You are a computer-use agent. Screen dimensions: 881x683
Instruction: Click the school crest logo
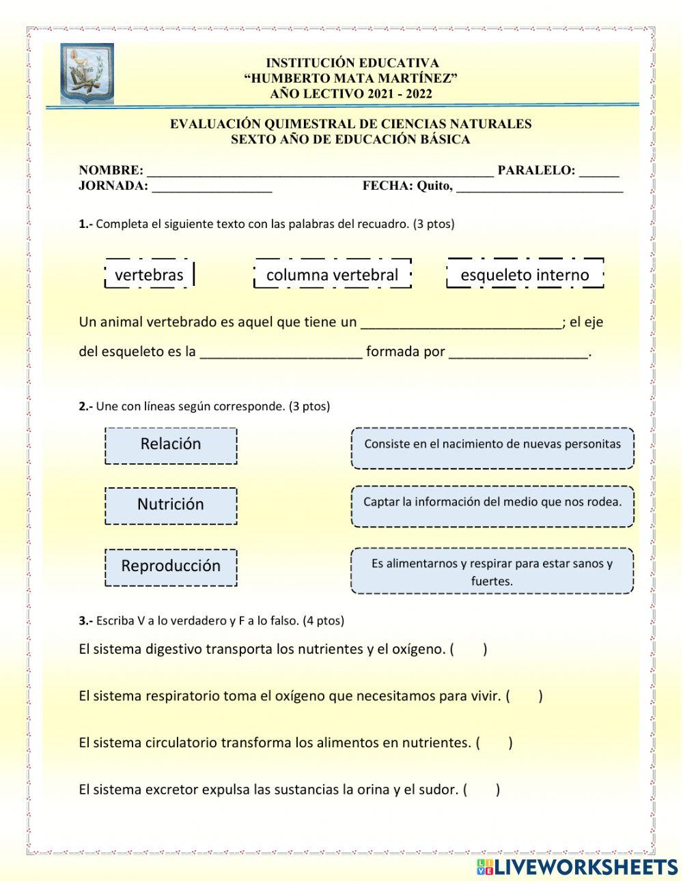click(87, 74)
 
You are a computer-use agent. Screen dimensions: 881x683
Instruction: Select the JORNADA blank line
click(212, 188)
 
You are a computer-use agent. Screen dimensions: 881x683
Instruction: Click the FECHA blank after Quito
click(539, 188)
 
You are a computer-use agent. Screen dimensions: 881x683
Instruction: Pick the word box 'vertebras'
click(150, 274)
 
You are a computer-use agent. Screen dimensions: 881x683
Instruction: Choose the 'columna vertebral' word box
click(332, 274)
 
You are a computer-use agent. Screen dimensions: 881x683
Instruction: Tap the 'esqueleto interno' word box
click(525, 274)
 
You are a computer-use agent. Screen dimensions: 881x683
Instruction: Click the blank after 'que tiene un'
click(461, 323)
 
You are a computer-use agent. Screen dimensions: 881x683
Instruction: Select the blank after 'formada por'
click(518, 353)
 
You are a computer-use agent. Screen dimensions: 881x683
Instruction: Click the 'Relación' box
click(171, 445)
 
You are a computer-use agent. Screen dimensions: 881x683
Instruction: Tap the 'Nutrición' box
click(171, 505)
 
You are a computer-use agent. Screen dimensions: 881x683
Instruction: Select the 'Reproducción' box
click(171, 566)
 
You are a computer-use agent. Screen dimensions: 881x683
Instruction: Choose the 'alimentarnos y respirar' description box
click(492, 571)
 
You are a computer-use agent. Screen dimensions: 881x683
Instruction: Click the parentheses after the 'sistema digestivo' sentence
click(468, 649)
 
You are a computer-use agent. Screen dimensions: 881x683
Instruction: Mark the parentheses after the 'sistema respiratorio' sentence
click(524, 696)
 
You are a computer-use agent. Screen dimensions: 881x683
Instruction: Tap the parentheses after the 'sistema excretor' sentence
click(482, 790)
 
